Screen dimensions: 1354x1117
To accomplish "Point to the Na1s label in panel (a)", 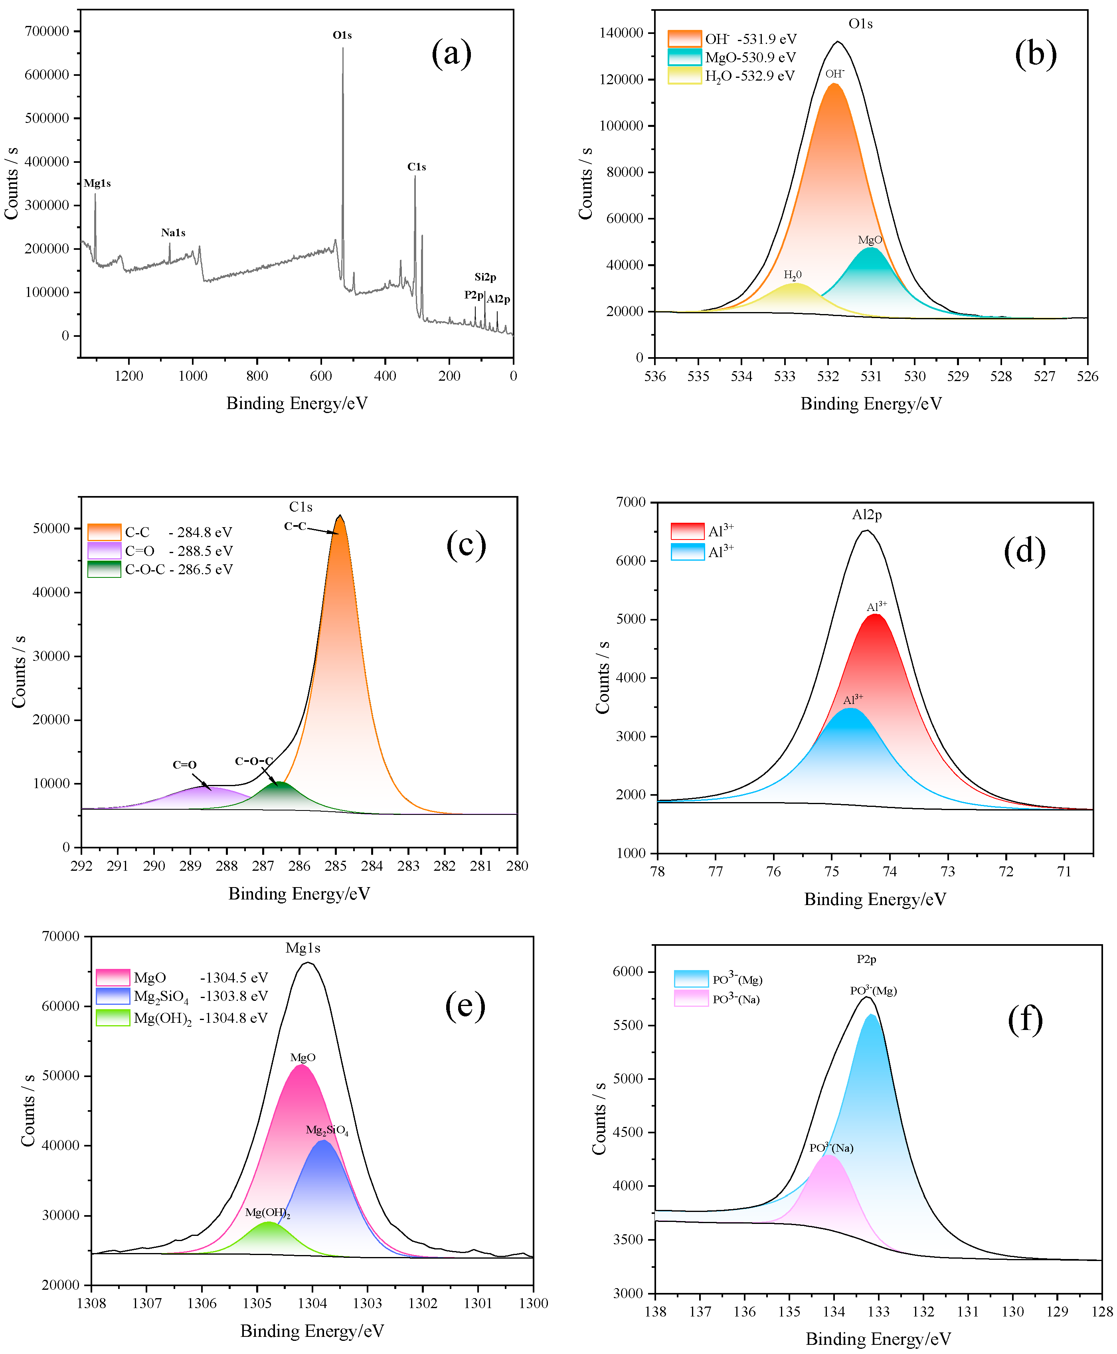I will (173, 233).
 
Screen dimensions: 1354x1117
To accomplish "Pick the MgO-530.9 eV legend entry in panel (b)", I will (749, 57).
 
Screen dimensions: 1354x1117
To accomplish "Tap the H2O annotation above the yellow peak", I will (792, 275).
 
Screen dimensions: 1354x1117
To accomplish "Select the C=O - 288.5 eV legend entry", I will (178, 551).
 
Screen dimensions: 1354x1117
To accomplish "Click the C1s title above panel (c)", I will (301, 507).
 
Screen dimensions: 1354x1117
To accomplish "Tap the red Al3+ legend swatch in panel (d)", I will (687, 531).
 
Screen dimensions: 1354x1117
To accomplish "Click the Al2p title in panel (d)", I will (867, 515).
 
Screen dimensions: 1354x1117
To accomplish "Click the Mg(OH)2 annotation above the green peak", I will (268, 1212).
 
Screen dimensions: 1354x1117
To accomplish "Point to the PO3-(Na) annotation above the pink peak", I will (831, 1148).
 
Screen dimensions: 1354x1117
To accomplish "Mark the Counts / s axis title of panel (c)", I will (19, 672).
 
